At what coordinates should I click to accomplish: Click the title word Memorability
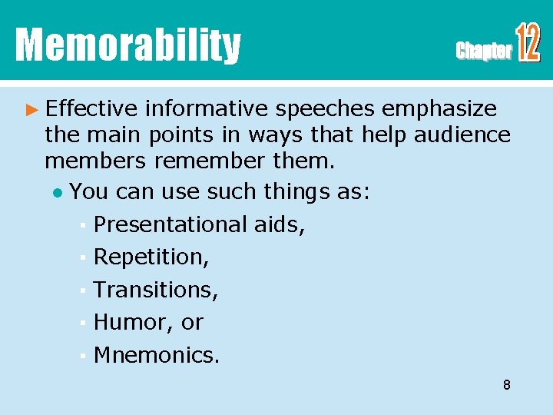click(x=127, y=45)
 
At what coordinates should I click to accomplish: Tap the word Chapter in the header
click(x=483, y=51)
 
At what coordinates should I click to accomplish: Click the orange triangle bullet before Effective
click(x=31, y=109)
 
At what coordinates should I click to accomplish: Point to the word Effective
click(x=91, y=109)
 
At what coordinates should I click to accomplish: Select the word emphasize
click(x=442, y=109)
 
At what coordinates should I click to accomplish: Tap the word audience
click(x=462, y=135)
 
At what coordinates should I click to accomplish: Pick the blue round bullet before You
click(x=58, y=191)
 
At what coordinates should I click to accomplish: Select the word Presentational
click(x=170, y=224)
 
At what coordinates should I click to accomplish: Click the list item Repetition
click(x=151, y=257)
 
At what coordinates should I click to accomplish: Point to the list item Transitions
click(x=156, y=290)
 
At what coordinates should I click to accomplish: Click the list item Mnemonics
click(x=156, y=355)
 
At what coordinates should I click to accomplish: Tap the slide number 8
click(x=506, y=385)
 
